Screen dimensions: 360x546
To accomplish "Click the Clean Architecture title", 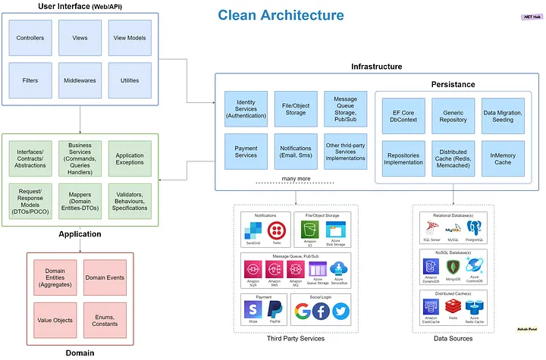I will point(281,15).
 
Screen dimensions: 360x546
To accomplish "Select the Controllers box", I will point(30,37).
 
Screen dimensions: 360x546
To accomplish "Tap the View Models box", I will point(130,37).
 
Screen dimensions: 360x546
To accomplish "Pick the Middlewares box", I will point(80,80).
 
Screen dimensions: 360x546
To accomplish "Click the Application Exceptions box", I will point(130,154).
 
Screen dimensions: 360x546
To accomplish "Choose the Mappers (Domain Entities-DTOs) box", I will point(80,199).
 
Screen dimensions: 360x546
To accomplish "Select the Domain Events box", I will point(105,277).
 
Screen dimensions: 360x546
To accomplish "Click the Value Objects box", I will point(55,320).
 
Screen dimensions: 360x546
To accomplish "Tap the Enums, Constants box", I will point(105,320).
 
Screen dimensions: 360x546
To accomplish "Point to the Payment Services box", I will point(246,151).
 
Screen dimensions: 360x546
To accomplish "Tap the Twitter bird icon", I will point(340,311).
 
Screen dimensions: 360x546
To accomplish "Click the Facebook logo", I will point(322,311).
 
